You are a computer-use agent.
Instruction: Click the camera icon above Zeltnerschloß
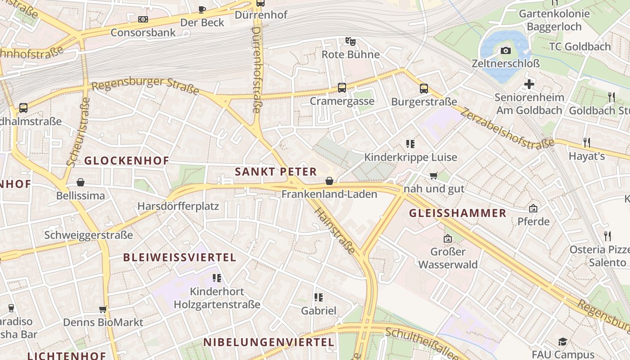[506, 50]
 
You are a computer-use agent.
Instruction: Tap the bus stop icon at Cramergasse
[342, 87]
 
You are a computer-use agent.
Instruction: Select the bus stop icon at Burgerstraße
[424, 88]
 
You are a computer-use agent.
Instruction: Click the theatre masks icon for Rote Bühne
[351, 41]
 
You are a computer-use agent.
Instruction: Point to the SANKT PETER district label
[276, 171]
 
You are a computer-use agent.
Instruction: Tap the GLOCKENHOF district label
[126, 161]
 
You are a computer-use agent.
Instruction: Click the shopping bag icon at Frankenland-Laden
[329, 181]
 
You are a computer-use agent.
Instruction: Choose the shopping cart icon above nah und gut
[434, 175]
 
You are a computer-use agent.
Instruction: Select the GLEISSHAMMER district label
[458, 213]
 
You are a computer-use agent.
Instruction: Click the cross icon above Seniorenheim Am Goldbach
[529, 84]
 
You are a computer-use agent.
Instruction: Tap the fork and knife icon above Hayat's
[586, 143]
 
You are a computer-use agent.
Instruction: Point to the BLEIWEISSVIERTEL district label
[180, 257]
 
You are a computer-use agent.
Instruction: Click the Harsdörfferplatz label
[178, 207]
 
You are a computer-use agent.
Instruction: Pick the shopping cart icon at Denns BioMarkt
[103, 310]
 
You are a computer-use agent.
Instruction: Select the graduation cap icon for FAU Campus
[562, 342]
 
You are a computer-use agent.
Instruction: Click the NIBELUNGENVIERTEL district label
[269, 342]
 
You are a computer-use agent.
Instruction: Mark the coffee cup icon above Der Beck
[202, 9]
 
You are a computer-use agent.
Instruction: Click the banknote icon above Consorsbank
[143, 19]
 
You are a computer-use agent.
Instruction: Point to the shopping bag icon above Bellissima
[81, 182]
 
